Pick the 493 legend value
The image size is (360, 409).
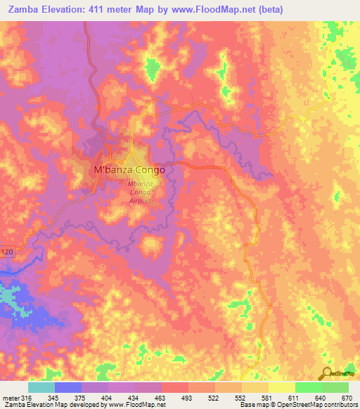(187, 398)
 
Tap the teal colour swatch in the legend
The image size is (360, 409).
(41, 387)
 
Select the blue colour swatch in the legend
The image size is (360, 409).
(67, 387)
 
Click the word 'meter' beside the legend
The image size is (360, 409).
(10, 398)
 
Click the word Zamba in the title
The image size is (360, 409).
(18, 10)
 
